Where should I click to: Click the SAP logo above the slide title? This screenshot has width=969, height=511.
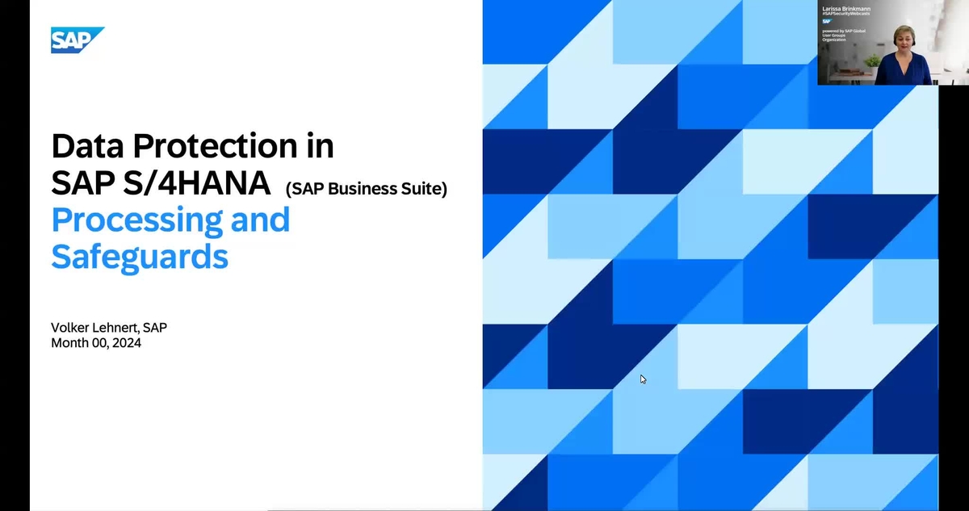click(78, 40)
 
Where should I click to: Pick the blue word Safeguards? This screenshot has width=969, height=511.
click(140, 256)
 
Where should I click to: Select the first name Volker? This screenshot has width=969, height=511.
click(72, 328)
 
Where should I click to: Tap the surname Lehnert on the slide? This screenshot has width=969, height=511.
click(120, 328)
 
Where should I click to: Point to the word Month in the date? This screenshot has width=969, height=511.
click(70, 343)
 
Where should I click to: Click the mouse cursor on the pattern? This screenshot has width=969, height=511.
click(643, 379)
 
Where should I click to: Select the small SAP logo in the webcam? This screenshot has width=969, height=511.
click(827, 22)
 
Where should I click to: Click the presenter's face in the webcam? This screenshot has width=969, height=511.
click(902, 38)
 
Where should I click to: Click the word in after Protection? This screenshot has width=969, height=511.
click(321, 146)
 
